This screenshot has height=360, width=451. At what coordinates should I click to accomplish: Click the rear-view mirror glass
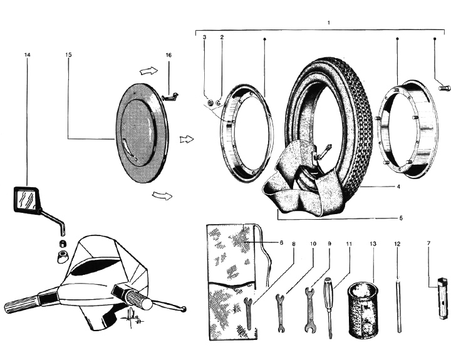25,199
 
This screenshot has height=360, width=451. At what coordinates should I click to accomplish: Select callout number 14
27,55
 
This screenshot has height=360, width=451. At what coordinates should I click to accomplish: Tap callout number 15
68,55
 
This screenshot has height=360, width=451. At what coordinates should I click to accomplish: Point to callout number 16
168,55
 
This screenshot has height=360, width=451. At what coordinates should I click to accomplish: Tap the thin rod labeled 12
397,305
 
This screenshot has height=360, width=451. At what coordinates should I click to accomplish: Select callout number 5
402,218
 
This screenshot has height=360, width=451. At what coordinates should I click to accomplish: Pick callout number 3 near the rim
204,38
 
